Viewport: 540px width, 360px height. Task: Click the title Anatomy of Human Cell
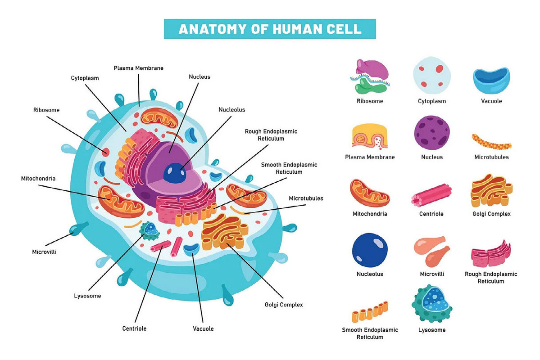(x=270, y=29)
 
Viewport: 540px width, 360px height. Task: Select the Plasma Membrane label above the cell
(x=138, y=68)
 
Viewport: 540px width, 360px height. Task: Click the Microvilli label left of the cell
(x=44, y=252)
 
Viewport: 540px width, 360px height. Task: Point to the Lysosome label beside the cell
(x=87, y=296)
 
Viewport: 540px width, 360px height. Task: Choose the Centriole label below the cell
(x=134, y=328)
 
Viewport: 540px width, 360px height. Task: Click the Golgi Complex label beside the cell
(x=284, y=305)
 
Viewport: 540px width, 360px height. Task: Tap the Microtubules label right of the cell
(x=306, y=198)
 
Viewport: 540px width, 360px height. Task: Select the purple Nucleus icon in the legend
(x=432, y=132)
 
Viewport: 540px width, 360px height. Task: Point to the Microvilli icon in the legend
(x=432, y=251)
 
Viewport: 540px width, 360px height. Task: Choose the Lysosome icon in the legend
(x=431, y=303)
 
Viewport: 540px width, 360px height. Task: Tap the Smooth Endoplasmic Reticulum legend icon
(x=370, y=310)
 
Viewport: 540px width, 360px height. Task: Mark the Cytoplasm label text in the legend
(x=432, y=101)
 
